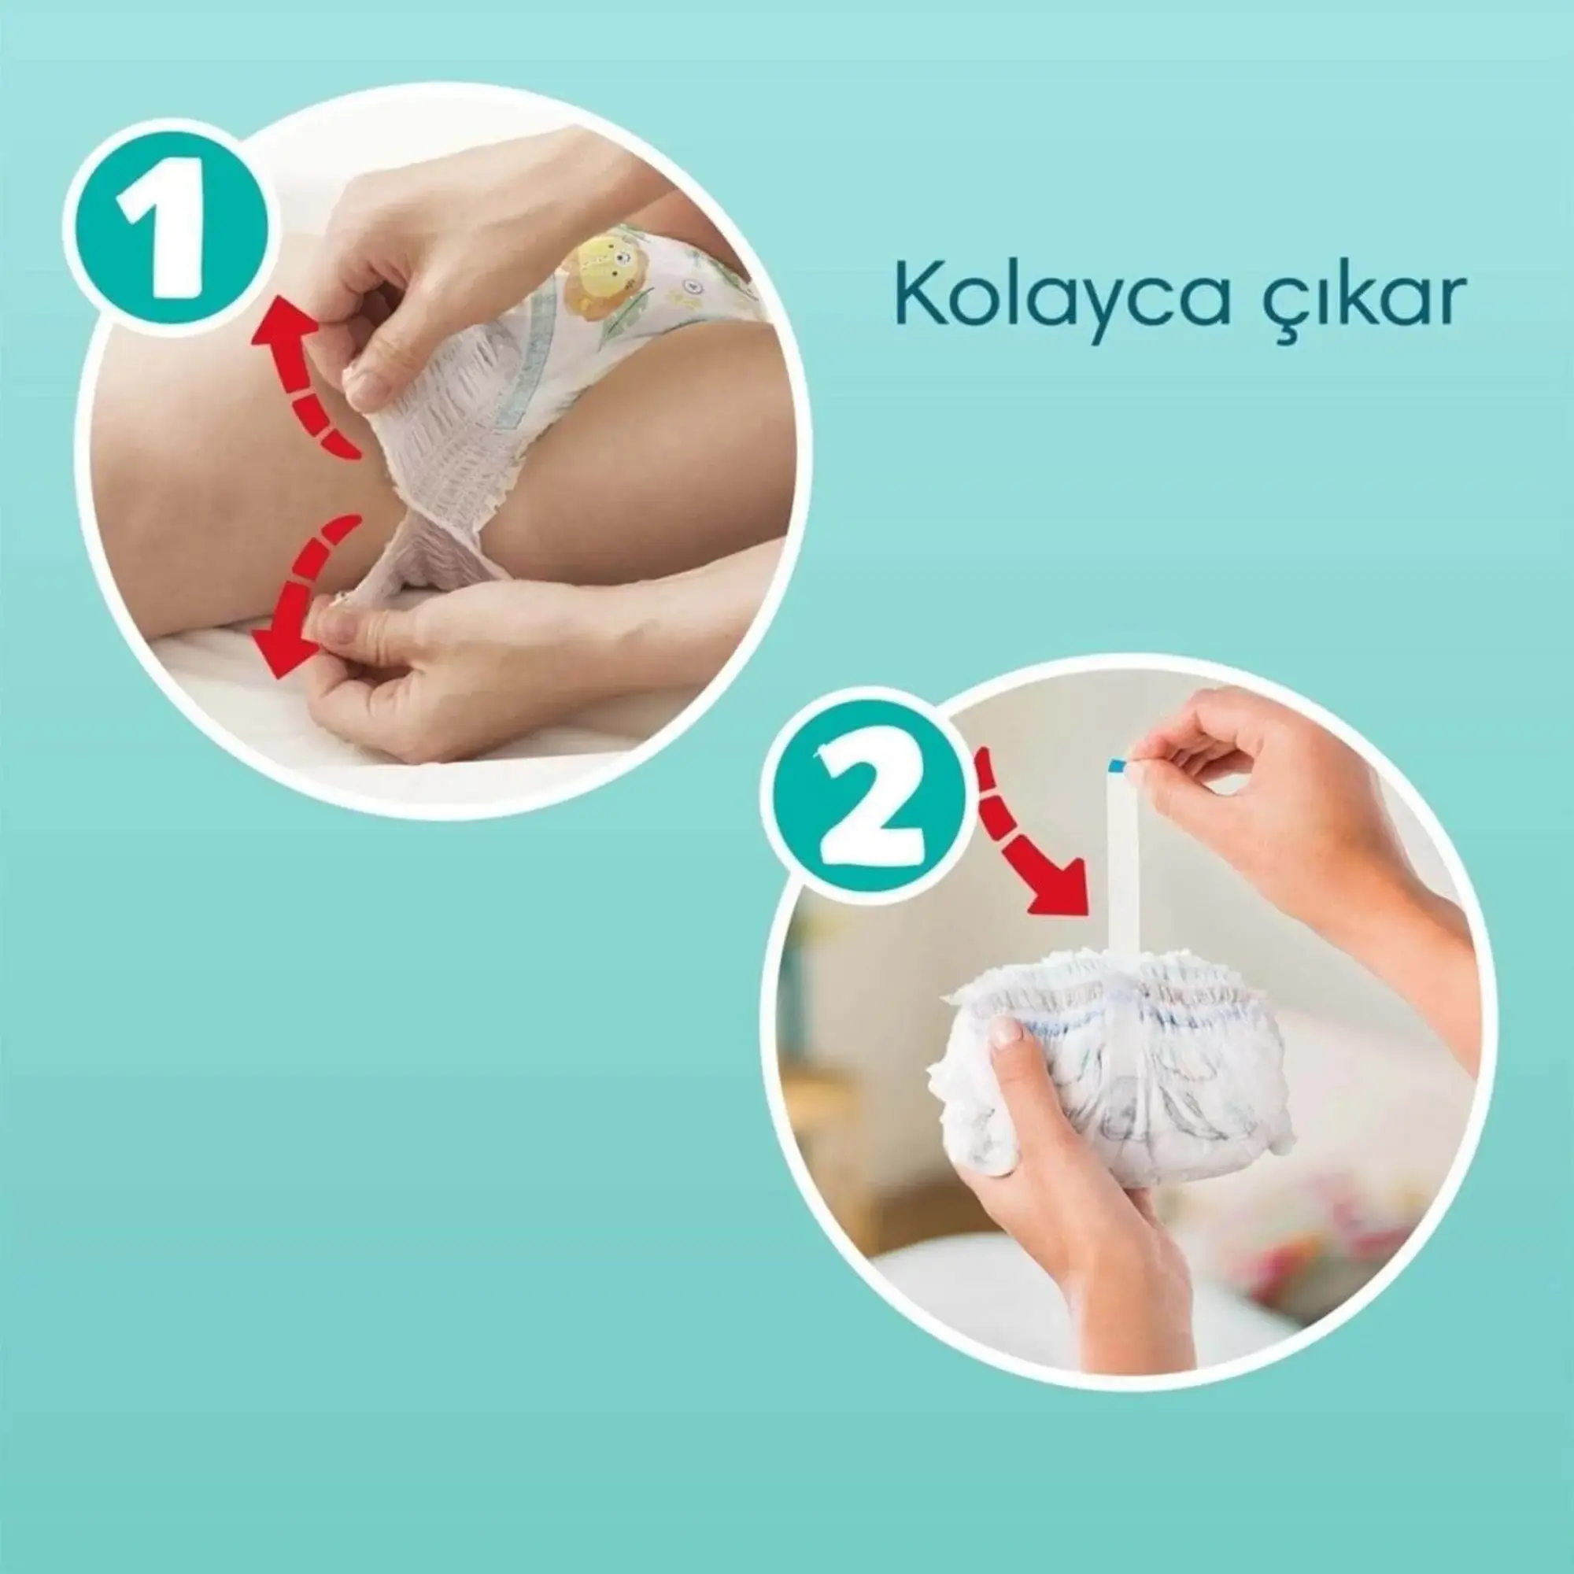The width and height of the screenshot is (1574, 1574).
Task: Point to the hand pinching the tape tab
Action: (1271, 815)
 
